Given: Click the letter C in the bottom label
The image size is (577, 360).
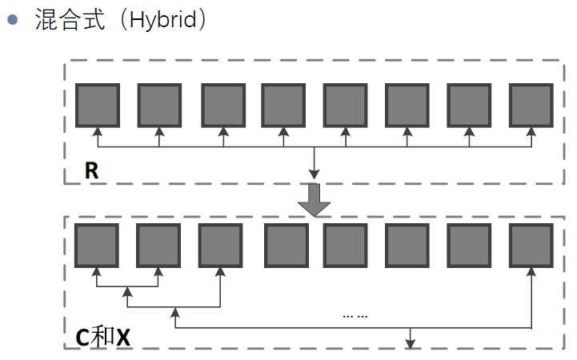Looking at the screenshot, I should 83,337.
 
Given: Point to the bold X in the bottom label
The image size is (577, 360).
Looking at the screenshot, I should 122,337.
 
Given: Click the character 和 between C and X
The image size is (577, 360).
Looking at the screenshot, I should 102,337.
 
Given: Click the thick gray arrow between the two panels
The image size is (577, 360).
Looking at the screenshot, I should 315,200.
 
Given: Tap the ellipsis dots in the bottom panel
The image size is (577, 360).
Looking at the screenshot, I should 355,314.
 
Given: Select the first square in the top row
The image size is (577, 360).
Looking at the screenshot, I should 98,105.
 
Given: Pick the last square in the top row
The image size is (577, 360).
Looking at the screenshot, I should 531,105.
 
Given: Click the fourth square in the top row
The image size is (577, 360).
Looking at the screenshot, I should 283,105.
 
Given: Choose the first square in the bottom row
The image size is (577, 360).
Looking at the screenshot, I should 96,245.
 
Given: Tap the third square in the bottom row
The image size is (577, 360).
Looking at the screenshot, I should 220,245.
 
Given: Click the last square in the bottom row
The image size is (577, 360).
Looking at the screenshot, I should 531,245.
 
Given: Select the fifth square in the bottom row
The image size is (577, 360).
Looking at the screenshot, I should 345,245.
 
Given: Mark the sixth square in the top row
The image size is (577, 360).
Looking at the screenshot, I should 407,105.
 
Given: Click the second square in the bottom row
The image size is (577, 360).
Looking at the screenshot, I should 158,245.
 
